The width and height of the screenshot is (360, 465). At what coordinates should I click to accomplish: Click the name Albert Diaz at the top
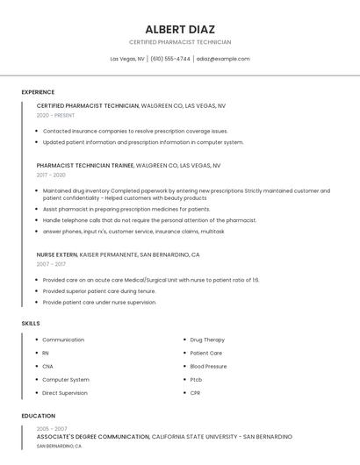[x=180, y=29]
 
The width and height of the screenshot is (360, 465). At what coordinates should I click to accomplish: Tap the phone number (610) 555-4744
[x=169, y=59]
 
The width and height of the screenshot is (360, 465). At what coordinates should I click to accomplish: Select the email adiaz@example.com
[x=223, y=59]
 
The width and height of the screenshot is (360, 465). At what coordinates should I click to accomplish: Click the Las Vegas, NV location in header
[x=127, y=59]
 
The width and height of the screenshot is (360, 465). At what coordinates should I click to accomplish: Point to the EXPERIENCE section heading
[x=38, y=92]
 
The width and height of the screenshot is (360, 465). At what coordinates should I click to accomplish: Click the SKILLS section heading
[x=31, y=324]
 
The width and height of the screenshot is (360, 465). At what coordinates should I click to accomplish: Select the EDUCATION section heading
[x=39, y=416]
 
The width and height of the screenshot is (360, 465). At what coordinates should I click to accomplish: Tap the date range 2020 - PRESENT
[x=55, y=115]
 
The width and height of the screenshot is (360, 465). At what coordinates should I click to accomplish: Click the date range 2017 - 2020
[x=51, y=175]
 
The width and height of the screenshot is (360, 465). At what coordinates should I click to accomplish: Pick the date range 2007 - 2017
[x=51, y=263]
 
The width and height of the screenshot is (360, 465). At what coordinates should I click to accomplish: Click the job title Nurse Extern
[x=57, y=254]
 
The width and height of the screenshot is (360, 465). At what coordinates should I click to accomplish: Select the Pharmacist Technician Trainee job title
[x=85, y=165]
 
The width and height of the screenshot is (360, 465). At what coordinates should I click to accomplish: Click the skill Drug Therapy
[x=207, y=340]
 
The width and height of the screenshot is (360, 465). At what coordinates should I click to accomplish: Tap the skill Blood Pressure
[x=208, y=366]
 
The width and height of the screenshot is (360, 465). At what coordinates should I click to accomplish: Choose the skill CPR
[x=196, y=393]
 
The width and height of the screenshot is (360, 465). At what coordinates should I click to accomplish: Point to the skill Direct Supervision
[x=65, y=393]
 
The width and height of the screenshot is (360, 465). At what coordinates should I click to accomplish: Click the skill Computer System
[x=66, y=380]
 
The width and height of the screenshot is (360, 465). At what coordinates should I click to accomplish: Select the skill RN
[x=46, y=353]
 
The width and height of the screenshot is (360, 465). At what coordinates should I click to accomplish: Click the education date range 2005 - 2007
[x=51, y=428]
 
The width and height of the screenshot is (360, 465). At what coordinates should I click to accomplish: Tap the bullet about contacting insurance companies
[x=135, y=131]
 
